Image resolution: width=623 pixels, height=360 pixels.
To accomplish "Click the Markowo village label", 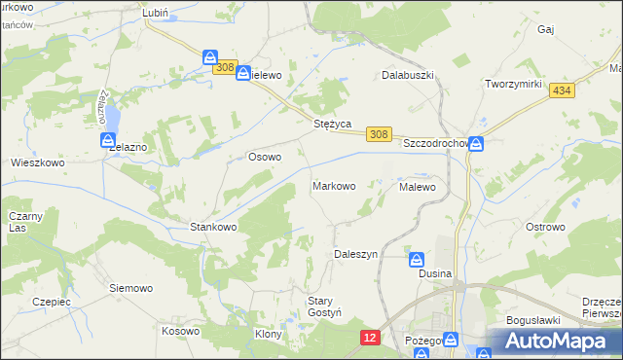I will tap(333, 186).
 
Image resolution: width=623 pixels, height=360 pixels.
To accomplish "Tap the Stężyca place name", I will tap(332, 125).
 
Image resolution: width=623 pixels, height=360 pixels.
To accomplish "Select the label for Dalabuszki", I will tap(407, 75).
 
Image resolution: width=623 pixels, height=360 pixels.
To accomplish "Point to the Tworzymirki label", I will tap(513, 84).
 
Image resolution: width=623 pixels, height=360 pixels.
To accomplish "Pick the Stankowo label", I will tap(213, 228).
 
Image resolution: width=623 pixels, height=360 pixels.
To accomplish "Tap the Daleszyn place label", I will tap(355, 254).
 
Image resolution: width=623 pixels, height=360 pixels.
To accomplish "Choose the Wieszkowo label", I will tap(37, 163).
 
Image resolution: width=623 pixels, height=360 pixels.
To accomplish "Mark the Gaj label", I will tap(545, 30).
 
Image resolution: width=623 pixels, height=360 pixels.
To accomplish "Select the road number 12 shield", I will tap(369, 337).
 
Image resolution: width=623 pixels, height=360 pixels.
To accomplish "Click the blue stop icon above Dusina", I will tap(416, 260).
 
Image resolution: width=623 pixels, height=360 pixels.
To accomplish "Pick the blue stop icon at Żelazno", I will tap(108, 141).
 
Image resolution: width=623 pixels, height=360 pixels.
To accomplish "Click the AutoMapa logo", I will tap(555, 341).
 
